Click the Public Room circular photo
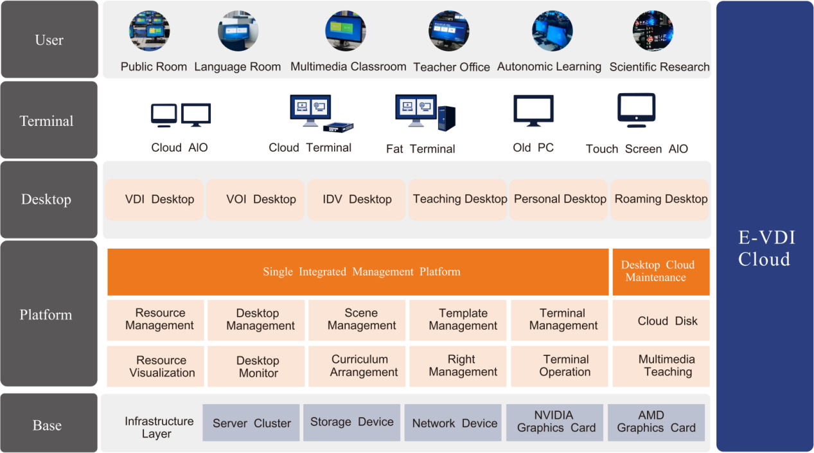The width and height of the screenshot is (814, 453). (149, 31)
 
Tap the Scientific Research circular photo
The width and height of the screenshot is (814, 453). (653, 31)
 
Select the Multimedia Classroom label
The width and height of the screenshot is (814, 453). (348, 67)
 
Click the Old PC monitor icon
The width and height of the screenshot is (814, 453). (533, 111)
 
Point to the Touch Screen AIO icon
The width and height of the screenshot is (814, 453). (636, 110)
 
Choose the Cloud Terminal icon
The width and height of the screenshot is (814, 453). (322, 114)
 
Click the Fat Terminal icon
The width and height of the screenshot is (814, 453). (425, 112)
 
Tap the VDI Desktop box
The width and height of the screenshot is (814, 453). (154, 199)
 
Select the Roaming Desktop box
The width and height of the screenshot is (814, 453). (660, 199)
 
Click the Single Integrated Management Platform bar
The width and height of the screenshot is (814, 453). (358, 272)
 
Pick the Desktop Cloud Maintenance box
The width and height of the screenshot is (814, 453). (661, 272)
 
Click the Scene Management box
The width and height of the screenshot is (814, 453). (357, 320)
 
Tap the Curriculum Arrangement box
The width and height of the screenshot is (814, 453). (357, 366)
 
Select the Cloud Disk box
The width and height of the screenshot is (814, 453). (661, 320)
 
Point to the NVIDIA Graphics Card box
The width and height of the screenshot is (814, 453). (554, 422)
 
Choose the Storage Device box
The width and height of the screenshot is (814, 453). (352, 422)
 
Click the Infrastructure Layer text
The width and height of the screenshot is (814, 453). (159, 427)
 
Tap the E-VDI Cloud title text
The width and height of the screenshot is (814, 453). (766, 248)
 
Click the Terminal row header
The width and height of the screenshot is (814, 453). (49, 120)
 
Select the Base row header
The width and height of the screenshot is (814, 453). (49, 423)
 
